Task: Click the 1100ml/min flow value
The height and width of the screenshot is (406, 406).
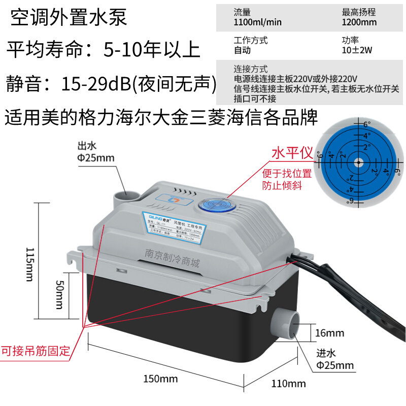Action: [258, 22]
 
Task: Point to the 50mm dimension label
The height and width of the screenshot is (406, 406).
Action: [59, 294]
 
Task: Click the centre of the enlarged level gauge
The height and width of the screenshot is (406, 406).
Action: [359, 162]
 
